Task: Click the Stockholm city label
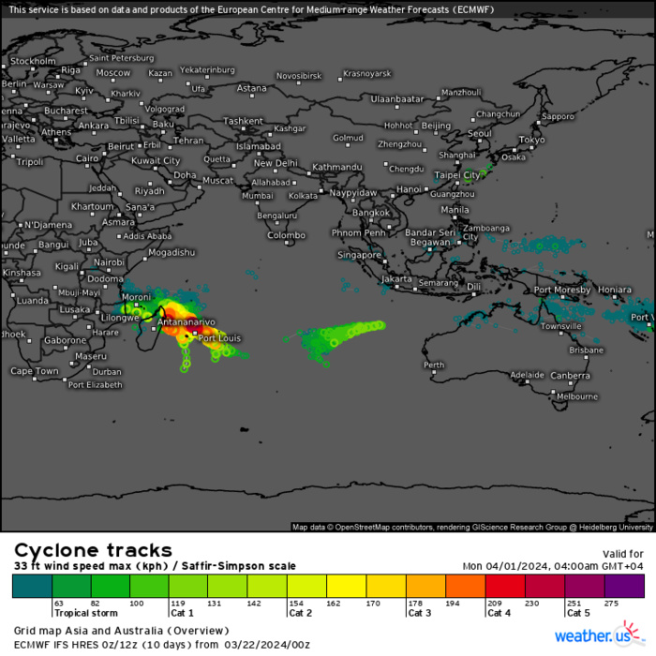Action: point(33,61)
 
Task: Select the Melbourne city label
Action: point(576,396)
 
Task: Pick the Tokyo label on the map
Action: point(531,140)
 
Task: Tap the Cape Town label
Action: point(35,371)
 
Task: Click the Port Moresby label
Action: point(562,290)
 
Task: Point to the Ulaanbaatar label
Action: point(397,98)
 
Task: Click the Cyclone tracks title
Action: point(93,550)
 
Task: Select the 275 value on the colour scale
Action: point(613,604)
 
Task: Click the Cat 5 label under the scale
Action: point(578,614)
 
